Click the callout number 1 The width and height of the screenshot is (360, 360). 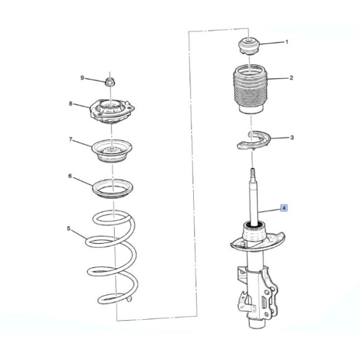click(x=287, y=42)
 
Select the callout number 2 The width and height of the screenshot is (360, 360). click(x=291, y=78)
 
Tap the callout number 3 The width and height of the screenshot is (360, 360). click(x=292, y=137)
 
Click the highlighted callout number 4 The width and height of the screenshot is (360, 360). click(x=284, y=208)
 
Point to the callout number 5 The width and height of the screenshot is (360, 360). click(x=68, y=229)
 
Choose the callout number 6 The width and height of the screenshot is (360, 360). click(x=70, y=176)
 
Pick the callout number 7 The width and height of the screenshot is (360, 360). click(x=71, y=139)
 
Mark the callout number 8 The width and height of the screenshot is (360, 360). click(x=71, y=104)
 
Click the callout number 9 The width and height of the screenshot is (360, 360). click(x=82, y=78)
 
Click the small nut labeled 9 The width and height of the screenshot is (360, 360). click(x=110, y=82)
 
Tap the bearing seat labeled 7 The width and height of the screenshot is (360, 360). click(x=112, y=151)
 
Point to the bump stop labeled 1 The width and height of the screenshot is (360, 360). click(x=249, y=47)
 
